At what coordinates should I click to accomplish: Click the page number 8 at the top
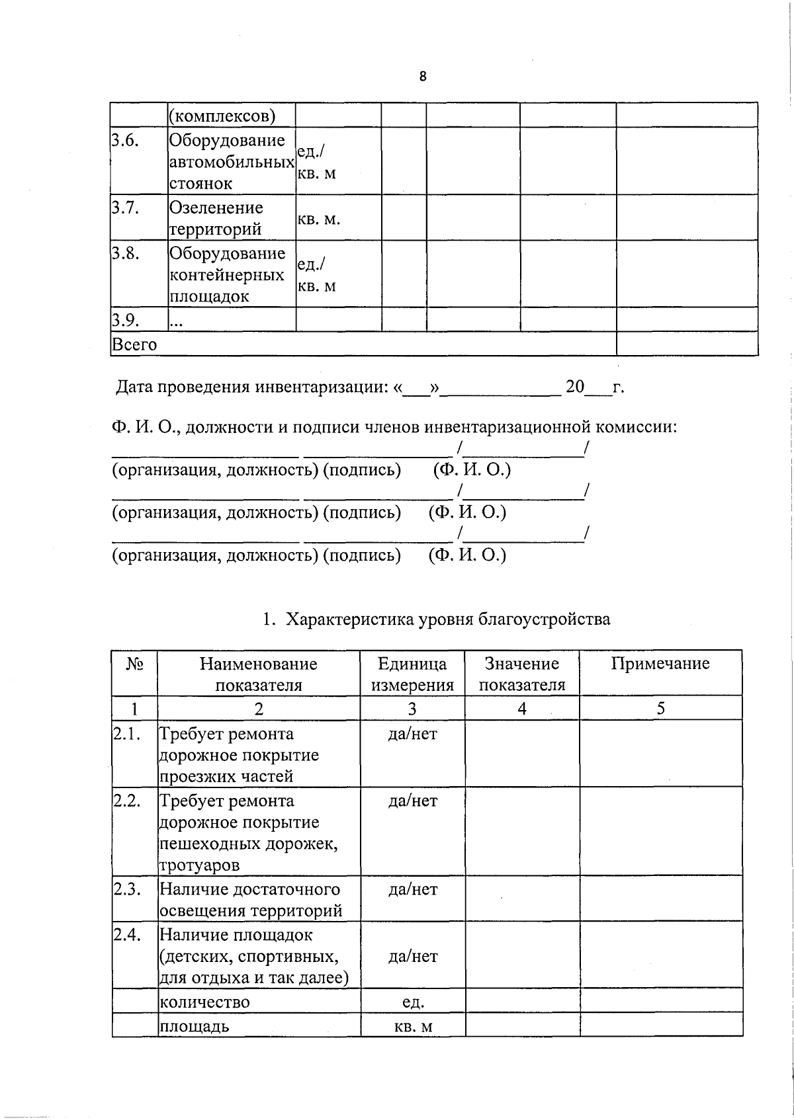click(423, 77)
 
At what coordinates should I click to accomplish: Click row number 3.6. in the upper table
click(125, 140)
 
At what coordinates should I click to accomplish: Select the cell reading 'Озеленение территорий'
click(216, 218)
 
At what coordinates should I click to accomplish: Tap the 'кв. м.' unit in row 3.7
click(319, 219)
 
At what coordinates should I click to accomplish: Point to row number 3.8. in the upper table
click(125, 253)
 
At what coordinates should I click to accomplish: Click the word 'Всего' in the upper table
click(135, 344)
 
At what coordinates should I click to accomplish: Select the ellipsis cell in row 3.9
click(177, 322)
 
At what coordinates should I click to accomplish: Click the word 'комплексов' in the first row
click(222, 116)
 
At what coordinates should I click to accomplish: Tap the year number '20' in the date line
click(574, 387)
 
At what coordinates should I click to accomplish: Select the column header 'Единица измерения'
click(412, 674)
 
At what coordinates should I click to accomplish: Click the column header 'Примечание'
click(660, 664)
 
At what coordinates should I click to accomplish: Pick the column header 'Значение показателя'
click(522, 674)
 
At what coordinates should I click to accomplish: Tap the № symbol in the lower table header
click(134, 664)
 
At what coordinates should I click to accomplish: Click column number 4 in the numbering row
click(522, 709)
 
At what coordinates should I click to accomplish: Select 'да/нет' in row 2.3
click(412, 889)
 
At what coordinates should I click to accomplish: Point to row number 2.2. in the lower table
click(126, 801)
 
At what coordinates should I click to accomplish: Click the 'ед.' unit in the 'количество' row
click(412, 1002)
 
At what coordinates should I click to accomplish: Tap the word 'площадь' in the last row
click(195, 1026)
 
